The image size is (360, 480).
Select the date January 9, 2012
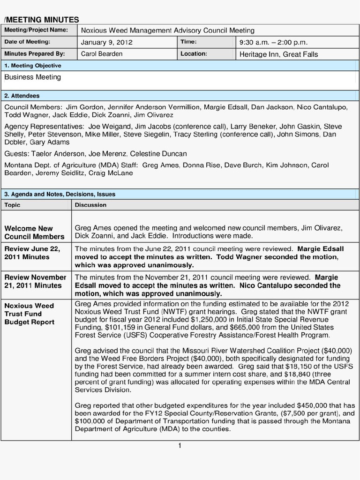tap(107, 42)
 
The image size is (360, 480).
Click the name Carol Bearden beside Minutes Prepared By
tap(102, 54)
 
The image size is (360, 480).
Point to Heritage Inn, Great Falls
tap(278, 54)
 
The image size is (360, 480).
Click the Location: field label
tap(194, 54)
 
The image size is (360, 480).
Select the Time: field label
tap(188, 42)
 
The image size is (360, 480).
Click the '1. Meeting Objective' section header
tap(33, 66)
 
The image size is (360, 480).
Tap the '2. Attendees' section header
tap(22, 96)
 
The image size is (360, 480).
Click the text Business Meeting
tap(32, 77)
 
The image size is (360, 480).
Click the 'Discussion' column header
tap(90, 205)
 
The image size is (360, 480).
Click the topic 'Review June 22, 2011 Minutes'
tap(32, 253)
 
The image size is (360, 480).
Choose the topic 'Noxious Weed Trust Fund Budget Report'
tap(30, 314)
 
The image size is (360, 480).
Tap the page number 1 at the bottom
tap(180, 445)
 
